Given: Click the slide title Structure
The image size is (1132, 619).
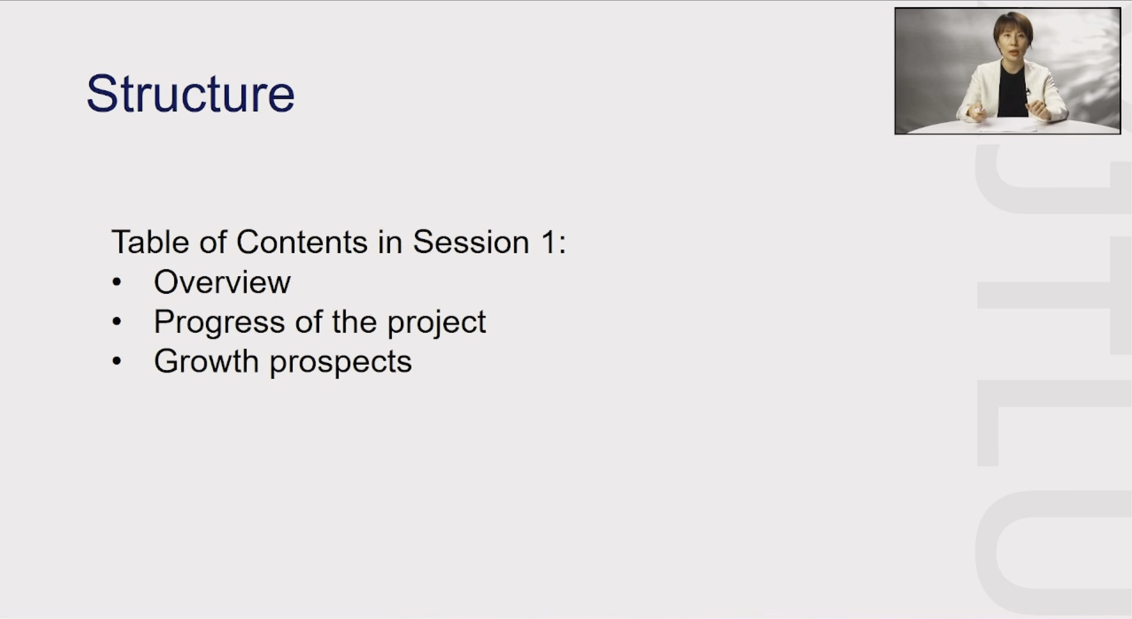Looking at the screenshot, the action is (x=190, y=94).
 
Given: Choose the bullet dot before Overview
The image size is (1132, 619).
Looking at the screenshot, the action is (x=117, y=282).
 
